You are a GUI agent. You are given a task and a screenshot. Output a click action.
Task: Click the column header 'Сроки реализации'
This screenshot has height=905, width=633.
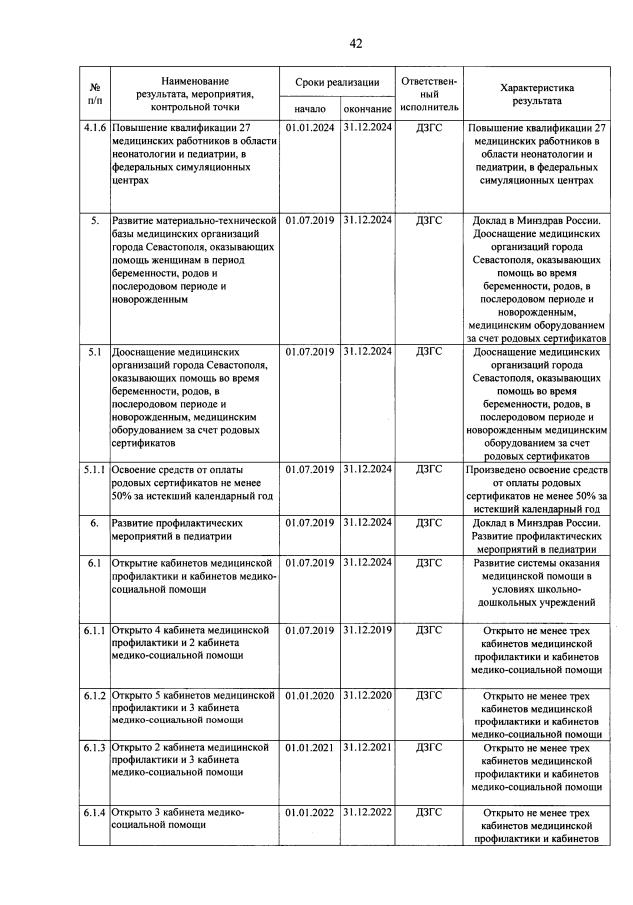click(337, 82)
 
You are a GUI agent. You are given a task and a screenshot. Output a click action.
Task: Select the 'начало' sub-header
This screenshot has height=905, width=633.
click(310, 107)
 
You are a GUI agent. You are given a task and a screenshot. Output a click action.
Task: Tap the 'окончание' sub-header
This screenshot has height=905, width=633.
click(367, 107)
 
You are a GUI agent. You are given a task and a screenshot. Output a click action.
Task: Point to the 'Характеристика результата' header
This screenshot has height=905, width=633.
click(537, 94)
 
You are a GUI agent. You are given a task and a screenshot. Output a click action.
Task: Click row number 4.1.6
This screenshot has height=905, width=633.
click(94, 129)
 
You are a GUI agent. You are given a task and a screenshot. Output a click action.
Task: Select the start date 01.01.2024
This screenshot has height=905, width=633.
click(310, 129)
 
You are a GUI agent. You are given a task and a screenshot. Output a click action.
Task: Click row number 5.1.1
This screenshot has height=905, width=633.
click(94, 469)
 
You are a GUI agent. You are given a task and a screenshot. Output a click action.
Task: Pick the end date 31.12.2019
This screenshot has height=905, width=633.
click(367, 630)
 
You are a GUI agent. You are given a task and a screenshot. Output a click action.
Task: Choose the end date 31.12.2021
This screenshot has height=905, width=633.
click(367, 748)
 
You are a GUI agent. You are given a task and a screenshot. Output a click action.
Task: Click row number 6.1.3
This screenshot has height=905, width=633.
click(94, 748)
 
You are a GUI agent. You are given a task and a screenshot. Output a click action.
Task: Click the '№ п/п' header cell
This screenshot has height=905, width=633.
click(94, 94)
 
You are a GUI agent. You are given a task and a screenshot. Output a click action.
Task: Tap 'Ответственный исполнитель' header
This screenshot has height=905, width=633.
click(429, 93)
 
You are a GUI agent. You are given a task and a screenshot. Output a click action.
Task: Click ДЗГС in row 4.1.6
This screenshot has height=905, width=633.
click(429, 129)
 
